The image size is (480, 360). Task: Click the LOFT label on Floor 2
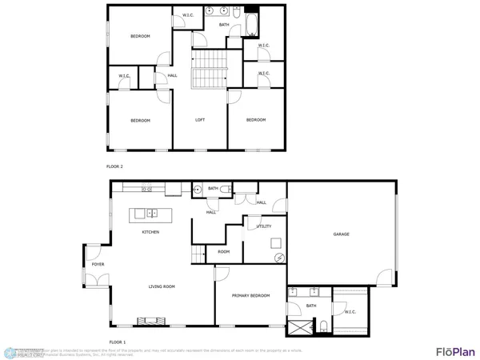pos(201,120)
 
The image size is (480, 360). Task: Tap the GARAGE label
pos(342,234)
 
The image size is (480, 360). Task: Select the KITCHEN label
pos(150,232)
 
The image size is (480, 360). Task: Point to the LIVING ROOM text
pos(162,286)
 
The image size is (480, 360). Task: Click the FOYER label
pos(98,264)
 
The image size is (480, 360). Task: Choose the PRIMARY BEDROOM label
pos(250,296)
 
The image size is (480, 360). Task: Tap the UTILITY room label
pos(264,226)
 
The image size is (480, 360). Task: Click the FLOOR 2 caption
pos(114,166)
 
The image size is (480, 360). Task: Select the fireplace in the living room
pos(154,322)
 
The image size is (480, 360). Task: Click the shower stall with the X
pos(301,327)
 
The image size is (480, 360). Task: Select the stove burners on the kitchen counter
pos(147,190)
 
